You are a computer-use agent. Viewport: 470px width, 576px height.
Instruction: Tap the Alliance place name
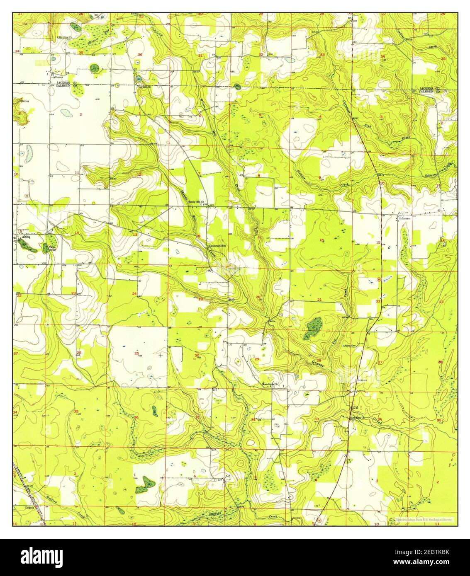point(57,77)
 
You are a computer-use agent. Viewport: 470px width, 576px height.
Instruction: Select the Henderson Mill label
point(217,246)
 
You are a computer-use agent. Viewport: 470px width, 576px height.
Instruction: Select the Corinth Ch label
point(144,87)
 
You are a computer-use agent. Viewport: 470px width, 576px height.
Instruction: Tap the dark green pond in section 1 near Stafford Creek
point(146,482)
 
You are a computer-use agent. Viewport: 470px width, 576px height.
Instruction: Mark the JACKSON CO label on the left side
point(68,83)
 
